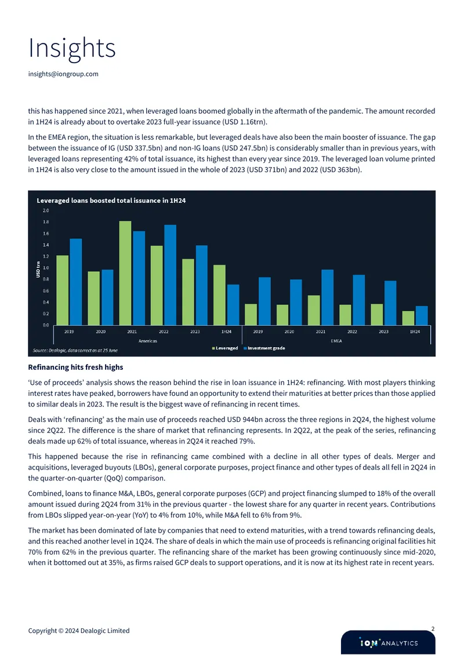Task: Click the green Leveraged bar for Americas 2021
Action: pos(125,273)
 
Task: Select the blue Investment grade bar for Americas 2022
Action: pos(170,275)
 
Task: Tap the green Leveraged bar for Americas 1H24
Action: pos(219,295)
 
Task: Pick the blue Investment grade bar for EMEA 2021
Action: pos(327,297)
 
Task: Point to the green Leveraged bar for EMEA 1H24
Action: pos(408,318)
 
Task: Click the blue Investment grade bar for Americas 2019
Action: pos(75,282)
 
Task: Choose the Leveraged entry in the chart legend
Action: pos(225,348)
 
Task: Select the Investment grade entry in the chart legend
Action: pos(264,348)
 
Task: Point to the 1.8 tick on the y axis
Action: pos(46,222)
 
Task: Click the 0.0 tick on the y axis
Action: pos(46,325)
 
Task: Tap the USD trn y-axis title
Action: pos(38,270)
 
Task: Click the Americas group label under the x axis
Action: pos(148,341)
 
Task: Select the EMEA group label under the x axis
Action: pos(336,341)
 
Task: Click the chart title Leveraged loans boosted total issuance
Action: pos(111,201)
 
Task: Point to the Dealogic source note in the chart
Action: pos(75,351)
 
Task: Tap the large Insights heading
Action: pos(72,48)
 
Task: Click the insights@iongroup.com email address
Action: pos(63,74)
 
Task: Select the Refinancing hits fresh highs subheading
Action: pos(75,367)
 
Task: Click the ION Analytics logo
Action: pos(389,642)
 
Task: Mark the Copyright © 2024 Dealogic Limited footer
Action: pos(78,631)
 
